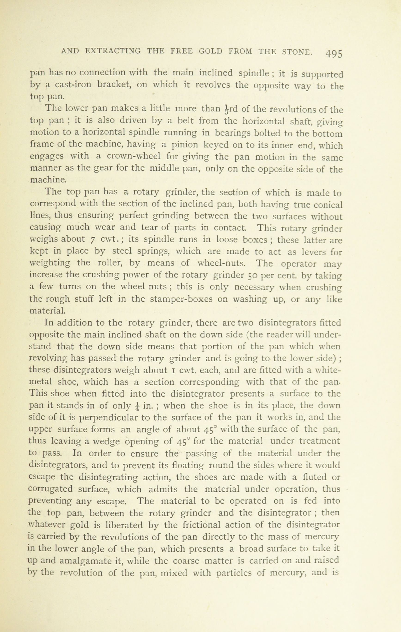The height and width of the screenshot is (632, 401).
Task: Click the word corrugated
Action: pos(50,489)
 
